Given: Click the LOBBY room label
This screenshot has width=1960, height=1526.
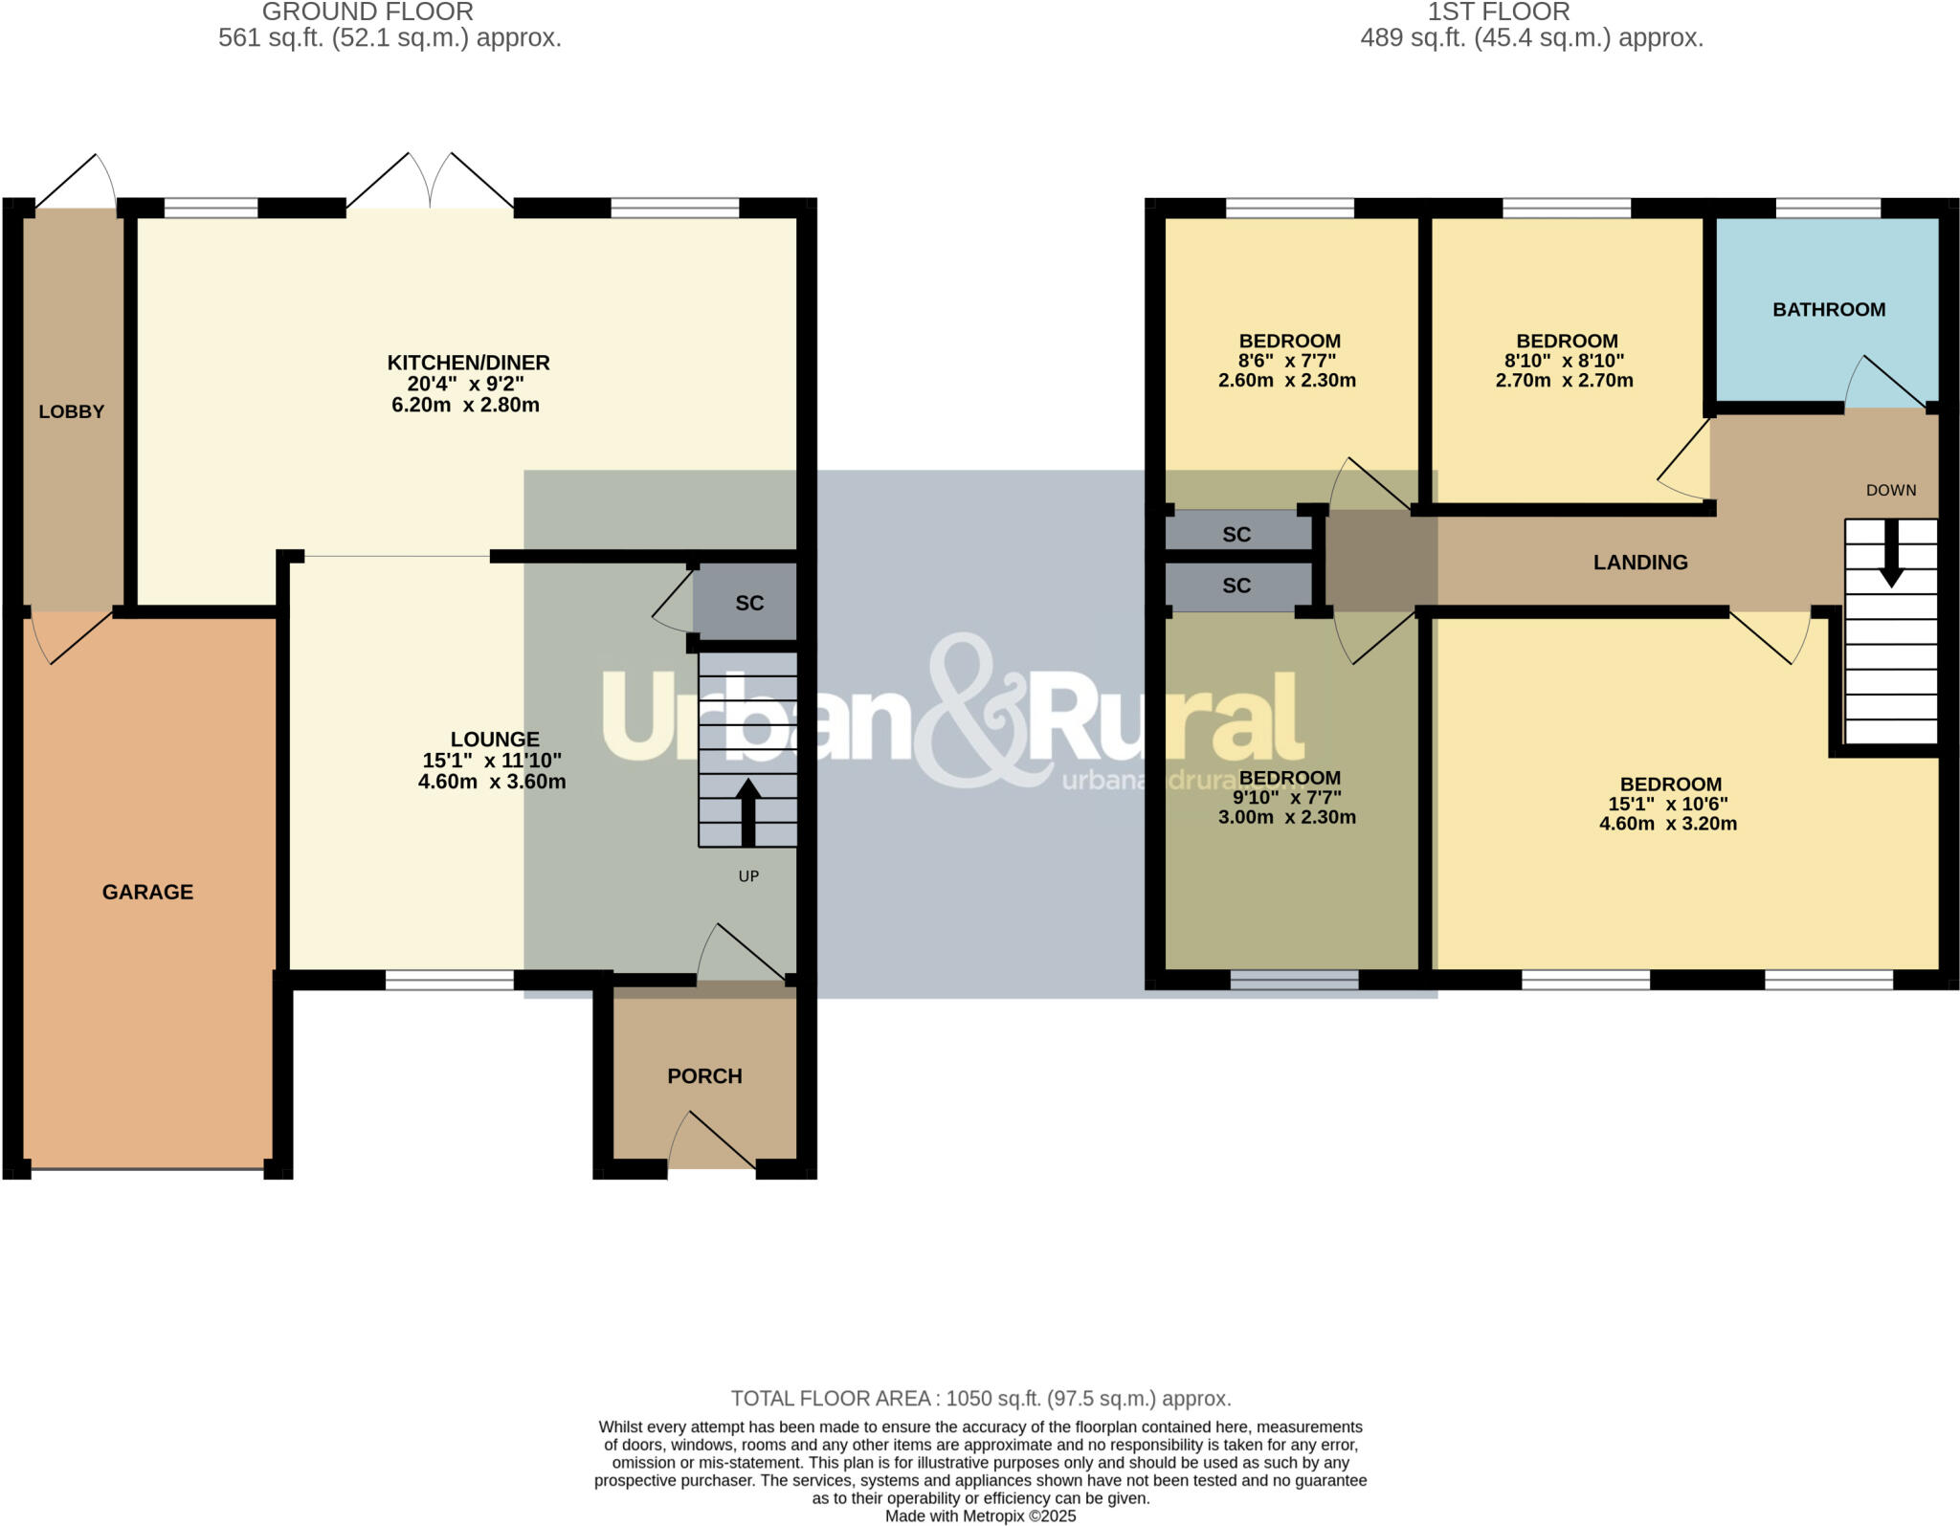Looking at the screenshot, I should coord(71,411).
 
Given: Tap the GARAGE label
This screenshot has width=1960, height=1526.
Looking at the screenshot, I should coord(147,892).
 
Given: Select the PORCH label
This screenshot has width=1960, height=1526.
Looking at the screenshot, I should coord(704,1075).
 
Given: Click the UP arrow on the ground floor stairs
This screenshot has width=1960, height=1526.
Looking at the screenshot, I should coord(747,811).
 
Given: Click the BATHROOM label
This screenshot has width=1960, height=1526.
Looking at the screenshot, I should coord(1828,309).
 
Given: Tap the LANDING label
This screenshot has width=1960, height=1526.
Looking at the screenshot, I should coord(1639,563).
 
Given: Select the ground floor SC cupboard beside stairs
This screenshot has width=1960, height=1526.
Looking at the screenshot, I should coord(748,603).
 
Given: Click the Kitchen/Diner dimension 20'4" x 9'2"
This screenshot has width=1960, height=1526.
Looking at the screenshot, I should coord(465,384).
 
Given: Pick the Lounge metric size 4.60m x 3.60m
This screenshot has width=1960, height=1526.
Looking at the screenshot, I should coord(492,782).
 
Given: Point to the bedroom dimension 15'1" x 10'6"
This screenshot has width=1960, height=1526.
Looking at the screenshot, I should coord(1667,804).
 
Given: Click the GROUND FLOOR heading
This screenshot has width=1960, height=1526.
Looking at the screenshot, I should coord(367,12).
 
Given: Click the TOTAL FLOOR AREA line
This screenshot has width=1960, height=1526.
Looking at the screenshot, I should coord(980,1399).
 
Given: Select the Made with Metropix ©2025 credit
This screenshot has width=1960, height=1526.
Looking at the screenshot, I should coord(980,1516).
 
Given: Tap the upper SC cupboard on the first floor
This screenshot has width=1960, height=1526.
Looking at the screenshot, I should coord(1236,534).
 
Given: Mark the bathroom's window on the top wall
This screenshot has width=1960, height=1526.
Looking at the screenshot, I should coord(1827,208).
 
